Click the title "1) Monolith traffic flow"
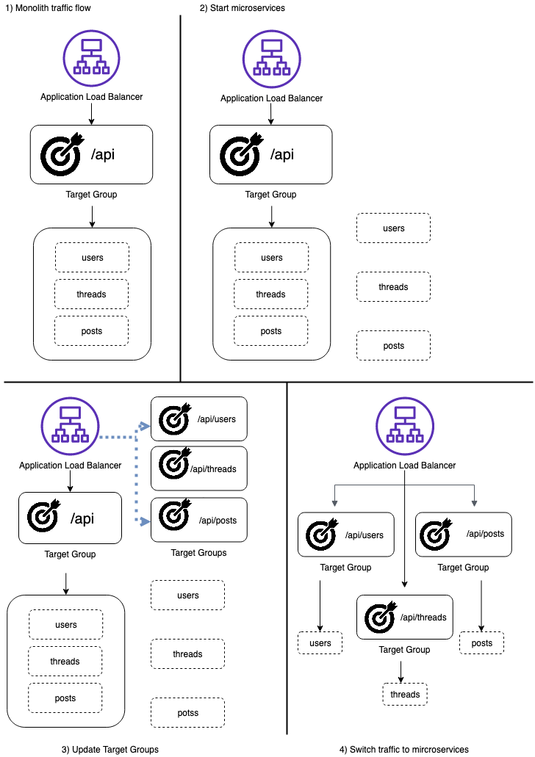48,8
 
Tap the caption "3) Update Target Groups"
109,749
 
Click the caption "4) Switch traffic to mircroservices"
404,749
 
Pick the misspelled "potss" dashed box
187,713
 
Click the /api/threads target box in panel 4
404,617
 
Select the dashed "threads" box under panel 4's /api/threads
405,695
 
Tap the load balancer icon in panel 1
91,59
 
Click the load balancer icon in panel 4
405,427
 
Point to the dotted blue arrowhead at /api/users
144,426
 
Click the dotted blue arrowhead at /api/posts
144,521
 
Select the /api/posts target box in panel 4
464,535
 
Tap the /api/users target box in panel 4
346,535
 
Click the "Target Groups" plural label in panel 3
198,553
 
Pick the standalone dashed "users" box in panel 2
393,228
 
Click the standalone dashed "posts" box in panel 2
393,346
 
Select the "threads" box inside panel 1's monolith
91,294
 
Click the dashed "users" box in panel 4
320,643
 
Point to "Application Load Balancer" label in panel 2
272,98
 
